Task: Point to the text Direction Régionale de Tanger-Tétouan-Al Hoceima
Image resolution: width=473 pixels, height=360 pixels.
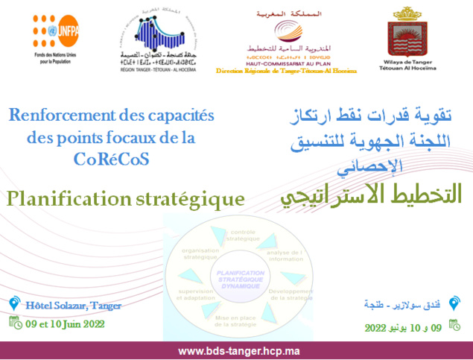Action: pyautogui.click(x=286, y=70)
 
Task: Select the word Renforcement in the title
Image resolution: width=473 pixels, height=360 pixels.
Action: pyautogui.click(x=56, y=116)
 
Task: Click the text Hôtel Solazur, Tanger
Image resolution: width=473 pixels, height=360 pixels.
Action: pyautogui.click(x=73, y=306)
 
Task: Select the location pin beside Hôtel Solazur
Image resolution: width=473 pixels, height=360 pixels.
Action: pyautogui.click(x=13, y=304)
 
